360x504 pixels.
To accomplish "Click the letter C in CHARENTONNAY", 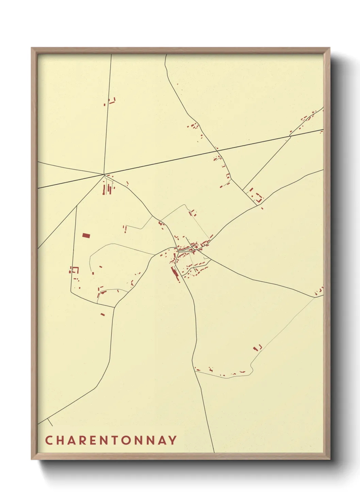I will (x=48, y=440).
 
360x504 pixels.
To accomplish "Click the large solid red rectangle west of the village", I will (x=86, y=235).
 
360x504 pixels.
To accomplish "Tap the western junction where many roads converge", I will (x=104, y=174).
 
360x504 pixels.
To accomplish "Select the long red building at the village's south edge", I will (x=176, y=274).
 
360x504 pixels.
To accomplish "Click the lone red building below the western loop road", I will (x=103, y=314).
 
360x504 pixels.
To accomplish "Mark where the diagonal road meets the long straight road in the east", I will (x=290, y=136).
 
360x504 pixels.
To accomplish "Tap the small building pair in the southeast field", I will (x=258, y=348).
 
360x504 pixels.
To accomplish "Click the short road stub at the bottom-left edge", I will (x=50, y=422).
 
